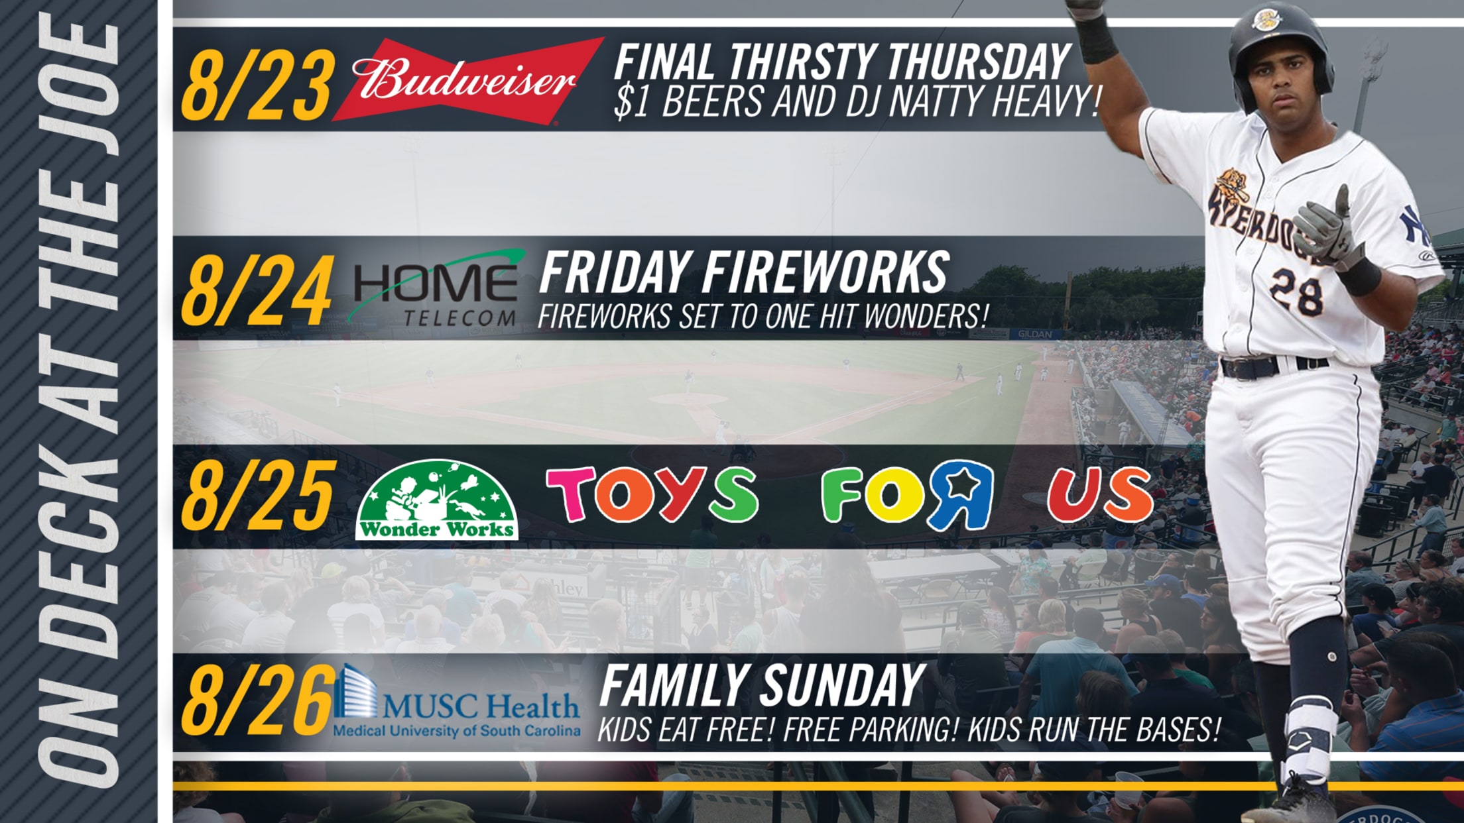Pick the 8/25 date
[x=257, y=495]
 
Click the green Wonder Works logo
[x=436, y=500]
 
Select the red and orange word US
[x=1100, y=494]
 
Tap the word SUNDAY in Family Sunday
[x=841, y=686]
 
